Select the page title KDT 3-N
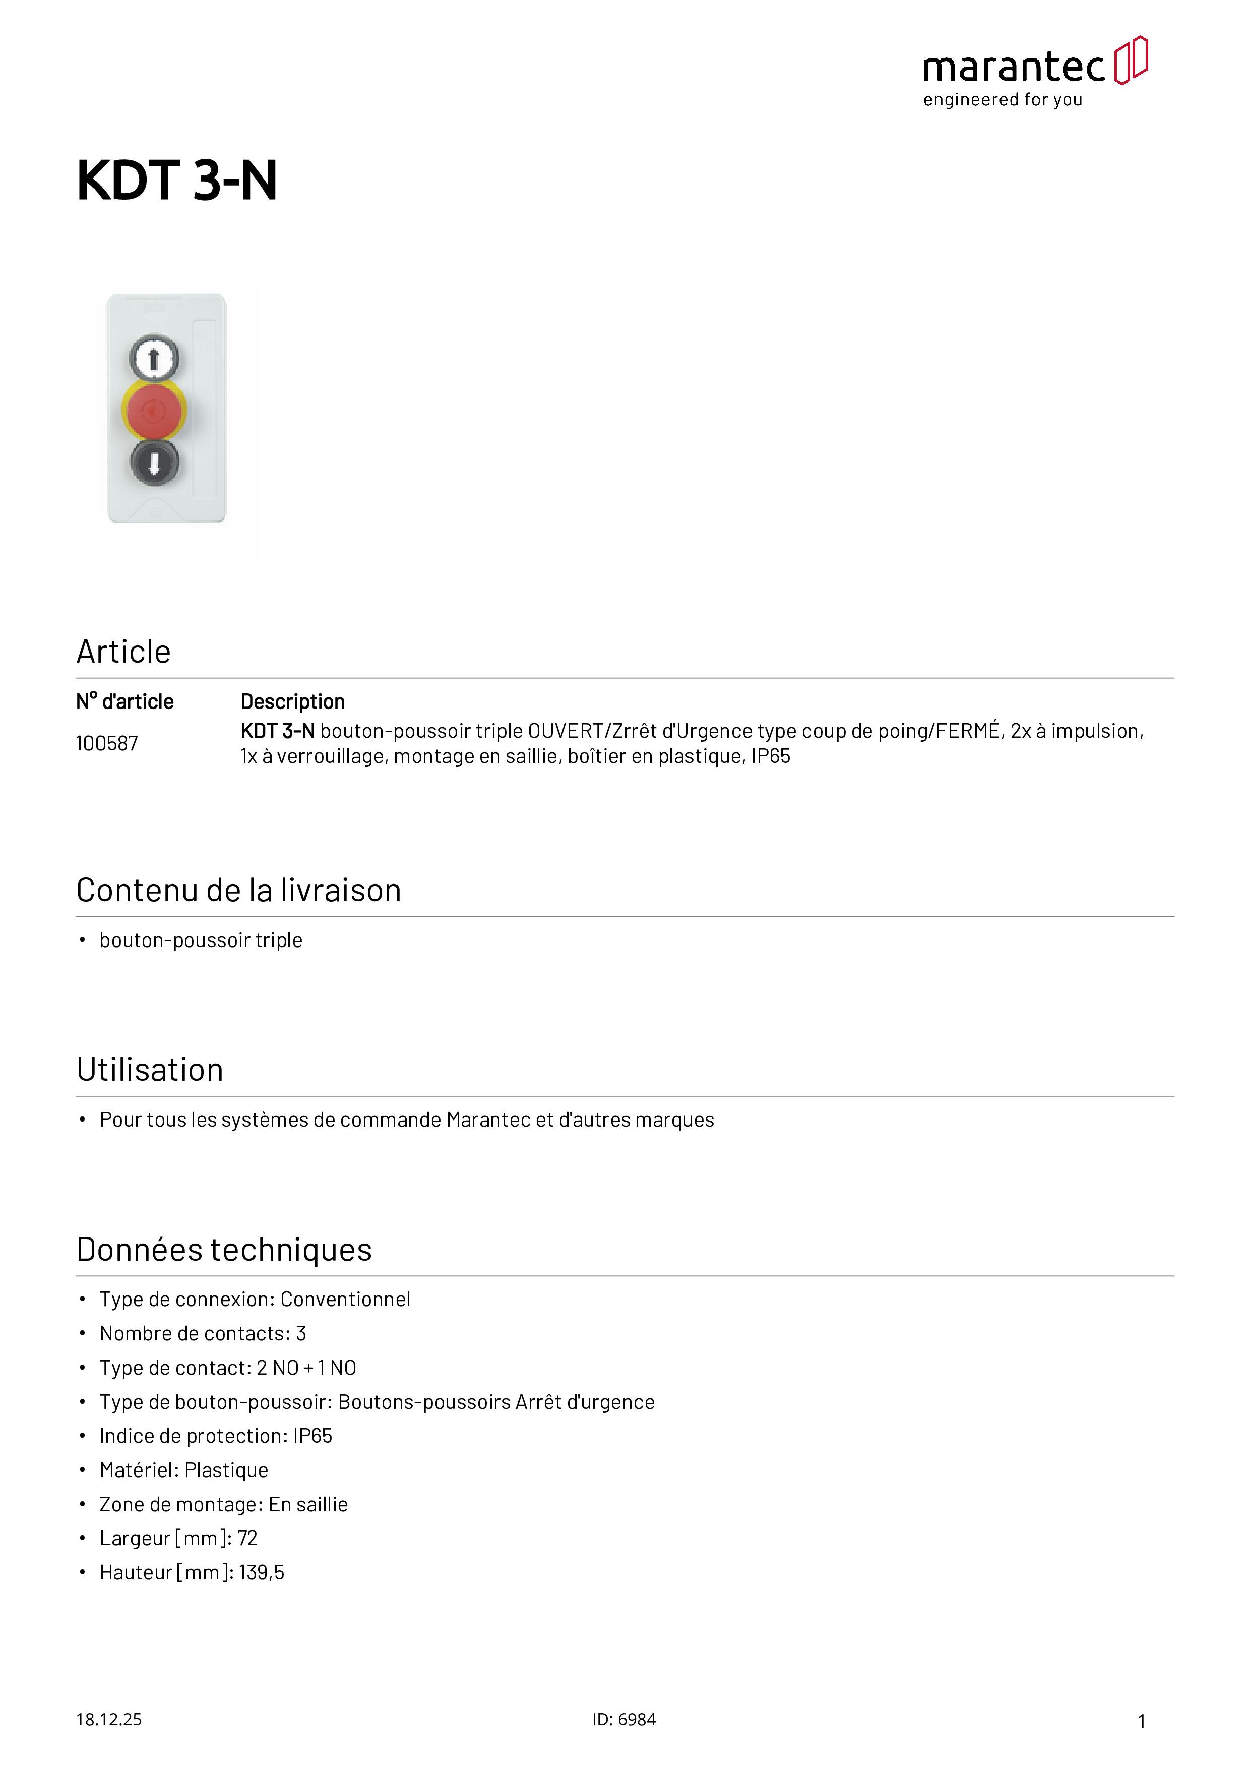[176, 181]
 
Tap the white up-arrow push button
[154, 358]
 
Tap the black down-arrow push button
[154, 462]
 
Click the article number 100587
[106, 743]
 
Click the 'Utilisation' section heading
[149, 1070]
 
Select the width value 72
[247, 1539]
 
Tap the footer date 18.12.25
[108, 1720]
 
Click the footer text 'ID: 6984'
[624, 1720]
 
